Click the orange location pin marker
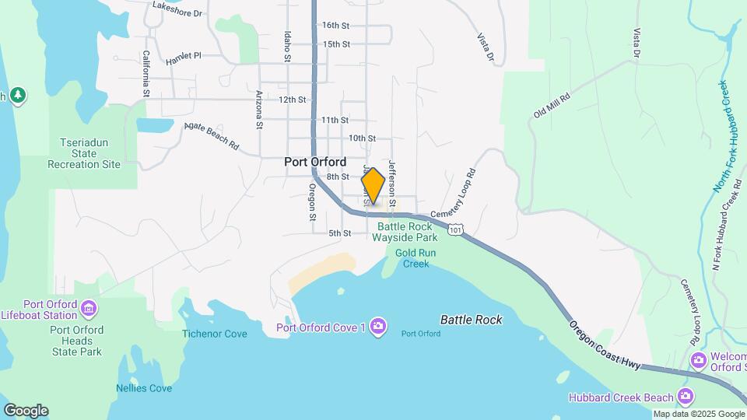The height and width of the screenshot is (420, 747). [x=373, y=186]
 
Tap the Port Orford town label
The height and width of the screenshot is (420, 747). [x=315, y=163]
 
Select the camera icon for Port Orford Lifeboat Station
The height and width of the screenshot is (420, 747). [x=89, y=309]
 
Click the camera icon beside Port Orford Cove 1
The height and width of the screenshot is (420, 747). [x=377, y=326]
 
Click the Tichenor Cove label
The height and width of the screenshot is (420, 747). [x=214, y=334]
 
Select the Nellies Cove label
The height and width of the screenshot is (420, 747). [x=144, y=388]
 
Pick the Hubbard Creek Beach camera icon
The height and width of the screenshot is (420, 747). [x=686, y=397]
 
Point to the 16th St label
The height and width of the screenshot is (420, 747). [x=335, y=26]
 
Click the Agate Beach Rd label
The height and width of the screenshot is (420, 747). [x=211, y=135]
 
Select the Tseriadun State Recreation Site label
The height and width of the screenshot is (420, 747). [x=84, y=153]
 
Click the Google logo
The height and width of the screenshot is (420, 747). [x=26, y=410]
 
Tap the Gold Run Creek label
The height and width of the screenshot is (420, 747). [x=416, y=258]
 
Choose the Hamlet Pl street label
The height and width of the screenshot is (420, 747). [x=184, y=57]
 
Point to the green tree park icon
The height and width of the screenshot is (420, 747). [x=18, y=96]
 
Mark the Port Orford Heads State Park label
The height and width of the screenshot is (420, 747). [x=75, y=341]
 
